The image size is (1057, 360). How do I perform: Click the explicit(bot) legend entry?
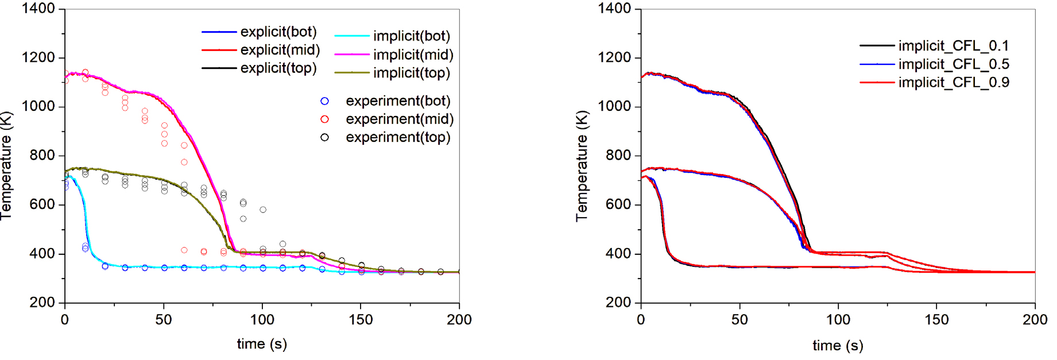pyautogui.click(x=278, y=32)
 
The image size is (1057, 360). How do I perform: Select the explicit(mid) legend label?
pyautogui.click(x=280, y=50)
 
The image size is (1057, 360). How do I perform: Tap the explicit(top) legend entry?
pyautogui.click(x=278, y=68)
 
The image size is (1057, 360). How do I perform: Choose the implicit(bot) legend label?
pyautogui.click(x=412, y=36)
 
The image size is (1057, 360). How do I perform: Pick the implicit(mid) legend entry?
pyautogui.click(x=413, y=55)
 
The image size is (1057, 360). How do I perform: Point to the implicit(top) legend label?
pyautogui.click(x=412, y=73)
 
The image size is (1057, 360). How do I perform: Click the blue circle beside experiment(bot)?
pyautogui.click(x=325, y=101)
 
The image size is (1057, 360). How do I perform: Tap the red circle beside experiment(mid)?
pyautogui.click(x=325, y=119)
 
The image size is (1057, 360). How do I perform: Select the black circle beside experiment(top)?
pyautogui.click(x=325, y=137)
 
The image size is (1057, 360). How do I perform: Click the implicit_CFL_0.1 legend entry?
pyautogui.click(x=954, y=45)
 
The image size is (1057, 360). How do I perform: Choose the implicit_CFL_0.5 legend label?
pyautogui.click(x=954, y=64)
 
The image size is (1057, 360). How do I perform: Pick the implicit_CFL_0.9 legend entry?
pyautogui.click(x=954, y=82)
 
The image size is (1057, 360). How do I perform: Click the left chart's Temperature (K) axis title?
pyautogui.click(x=6, y=166)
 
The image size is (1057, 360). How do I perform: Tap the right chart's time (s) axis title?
pyautogui.click(x=838, y=345)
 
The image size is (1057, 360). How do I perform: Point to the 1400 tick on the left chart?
pyautogui.click(x=38, y=9)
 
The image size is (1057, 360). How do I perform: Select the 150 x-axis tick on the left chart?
pyautogui.click(x=361, y=319)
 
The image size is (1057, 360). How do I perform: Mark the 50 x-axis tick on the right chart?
pyautogui.click(x=739, y=319)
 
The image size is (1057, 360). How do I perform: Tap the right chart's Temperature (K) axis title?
pyautogui.click(x=582, y=166)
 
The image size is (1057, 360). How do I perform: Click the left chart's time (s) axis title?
pyautogui.click(x=262, y=344)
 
